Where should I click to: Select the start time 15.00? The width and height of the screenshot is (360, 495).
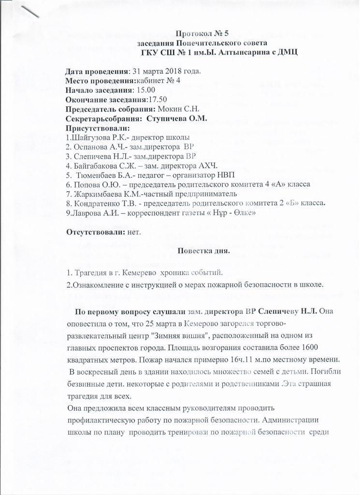point(144,90)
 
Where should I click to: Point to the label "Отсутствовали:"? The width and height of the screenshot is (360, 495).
point(96,232)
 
